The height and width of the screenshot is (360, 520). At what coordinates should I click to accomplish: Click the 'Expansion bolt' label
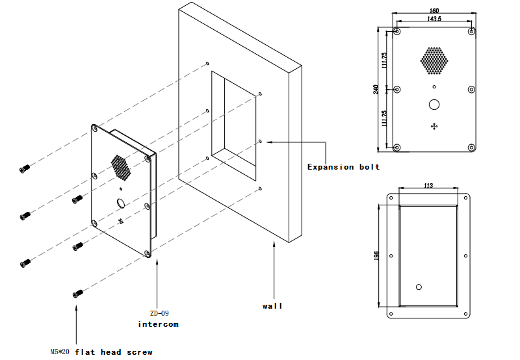click(343, 167)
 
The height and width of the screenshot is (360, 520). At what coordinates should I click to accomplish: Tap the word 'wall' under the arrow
click(273, 305)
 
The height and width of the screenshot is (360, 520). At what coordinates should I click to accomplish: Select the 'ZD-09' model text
click(159, 313)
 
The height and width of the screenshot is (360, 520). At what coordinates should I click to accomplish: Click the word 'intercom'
click(158, 324)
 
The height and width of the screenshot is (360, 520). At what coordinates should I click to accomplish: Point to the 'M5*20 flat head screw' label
click(101, 352)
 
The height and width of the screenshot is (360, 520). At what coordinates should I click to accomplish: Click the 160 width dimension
click(434, 10)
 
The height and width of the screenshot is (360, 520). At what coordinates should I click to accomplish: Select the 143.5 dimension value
click(434, 19)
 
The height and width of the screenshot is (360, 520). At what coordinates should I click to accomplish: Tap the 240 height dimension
click(376, 90)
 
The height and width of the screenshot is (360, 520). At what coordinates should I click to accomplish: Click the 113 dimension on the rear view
click(428, 186)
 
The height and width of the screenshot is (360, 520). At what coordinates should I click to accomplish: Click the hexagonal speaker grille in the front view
click(434, 60)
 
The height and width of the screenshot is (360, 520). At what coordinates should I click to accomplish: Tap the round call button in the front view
click(434, 104)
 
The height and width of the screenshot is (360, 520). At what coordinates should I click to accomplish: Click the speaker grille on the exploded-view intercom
click(120, 167)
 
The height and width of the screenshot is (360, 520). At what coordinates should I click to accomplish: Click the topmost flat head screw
click(25, 169)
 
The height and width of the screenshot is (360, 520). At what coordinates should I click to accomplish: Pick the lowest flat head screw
click(78, 294)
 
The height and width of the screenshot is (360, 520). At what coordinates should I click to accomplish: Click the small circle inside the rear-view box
click(419, 287)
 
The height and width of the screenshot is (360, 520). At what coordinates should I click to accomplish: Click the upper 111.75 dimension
click(384, 60)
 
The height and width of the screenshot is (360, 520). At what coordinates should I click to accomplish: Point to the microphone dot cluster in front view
click(434, 125)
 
